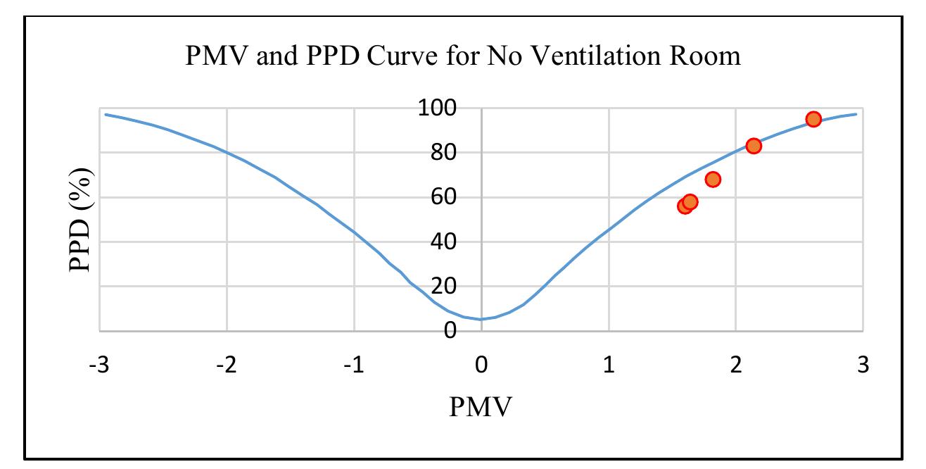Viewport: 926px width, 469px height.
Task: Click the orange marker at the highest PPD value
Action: (813, 119)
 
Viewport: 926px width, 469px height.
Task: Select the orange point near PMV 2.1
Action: (754, 146)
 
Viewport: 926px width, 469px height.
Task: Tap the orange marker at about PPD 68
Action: (713, 180)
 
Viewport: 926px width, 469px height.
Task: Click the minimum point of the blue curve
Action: (481, 319)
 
